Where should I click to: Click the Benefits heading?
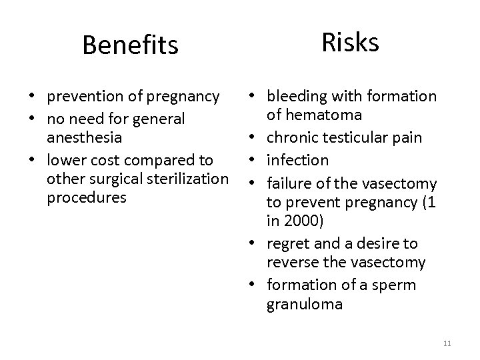click(130, 45)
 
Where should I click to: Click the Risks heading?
click(350, 42)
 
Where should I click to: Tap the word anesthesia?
click(84, 137)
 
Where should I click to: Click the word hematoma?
click(315, 115)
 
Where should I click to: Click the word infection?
click(297, 160)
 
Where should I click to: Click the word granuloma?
click(304, 304)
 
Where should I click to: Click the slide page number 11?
click(447, 343)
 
